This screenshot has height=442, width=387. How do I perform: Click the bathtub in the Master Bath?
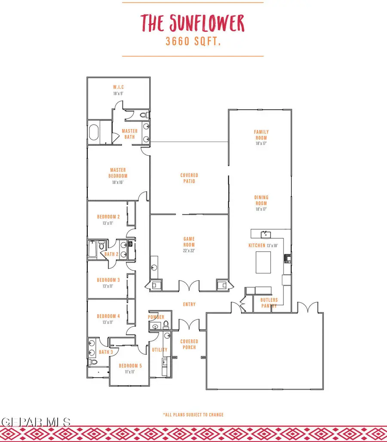point(94,133)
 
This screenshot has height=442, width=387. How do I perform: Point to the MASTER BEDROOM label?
point(118,173)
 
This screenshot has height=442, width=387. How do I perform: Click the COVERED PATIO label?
point(189,178)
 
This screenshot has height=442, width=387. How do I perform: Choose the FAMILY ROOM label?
point(261,135)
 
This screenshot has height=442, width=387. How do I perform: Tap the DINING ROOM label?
point(261,200)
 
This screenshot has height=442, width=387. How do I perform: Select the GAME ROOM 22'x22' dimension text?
point(189,251)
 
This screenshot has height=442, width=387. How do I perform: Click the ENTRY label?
point(189,304)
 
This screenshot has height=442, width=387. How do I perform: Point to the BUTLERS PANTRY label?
point(269,303)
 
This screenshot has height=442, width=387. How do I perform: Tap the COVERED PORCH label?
point(189,344)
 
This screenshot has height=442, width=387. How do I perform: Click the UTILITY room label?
point(160,350)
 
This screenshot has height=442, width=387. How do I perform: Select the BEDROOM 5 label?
point(130,365)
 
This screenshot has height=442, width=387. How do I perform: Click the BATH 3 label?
point(106,352)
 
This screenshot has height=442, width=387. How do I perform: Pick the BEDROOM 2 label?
point(108,217)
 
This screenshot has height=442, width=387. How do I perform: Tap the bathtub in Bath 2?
point(93,250)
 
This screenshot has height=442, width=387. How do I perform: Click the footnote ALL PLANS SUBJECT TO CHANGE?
point(193,414)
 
